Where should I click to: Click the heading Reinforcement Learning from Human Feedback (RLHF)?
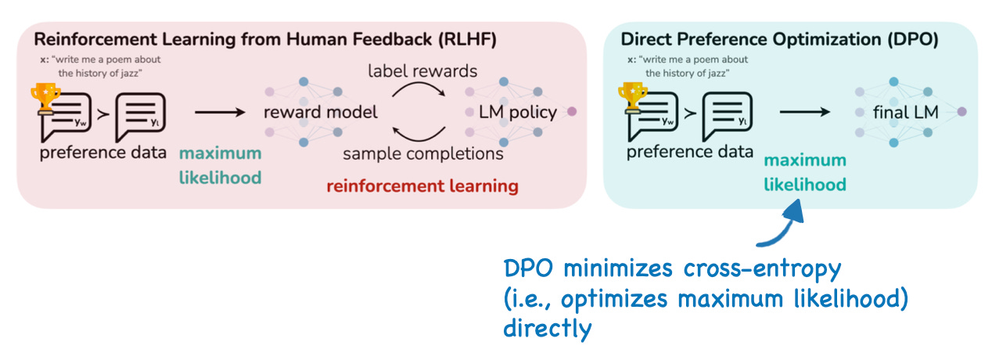(265, 39)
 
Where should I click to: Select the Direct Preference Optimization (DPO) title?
(779, 39)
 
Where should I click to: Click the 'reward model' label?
(320, 112)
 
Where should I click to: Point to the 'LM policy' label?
(518, 112)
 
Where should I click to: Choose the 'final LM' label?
(906, 113)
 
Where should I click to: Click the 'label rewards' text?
(422, 71)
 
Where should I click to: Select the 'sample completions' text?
(423, 153)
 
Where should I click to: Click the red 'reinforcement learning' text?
(422, 186)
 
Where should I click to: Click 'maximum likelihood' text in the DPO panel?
(805, 172)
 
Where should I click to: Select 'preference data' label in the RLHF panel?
(103, 152)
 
